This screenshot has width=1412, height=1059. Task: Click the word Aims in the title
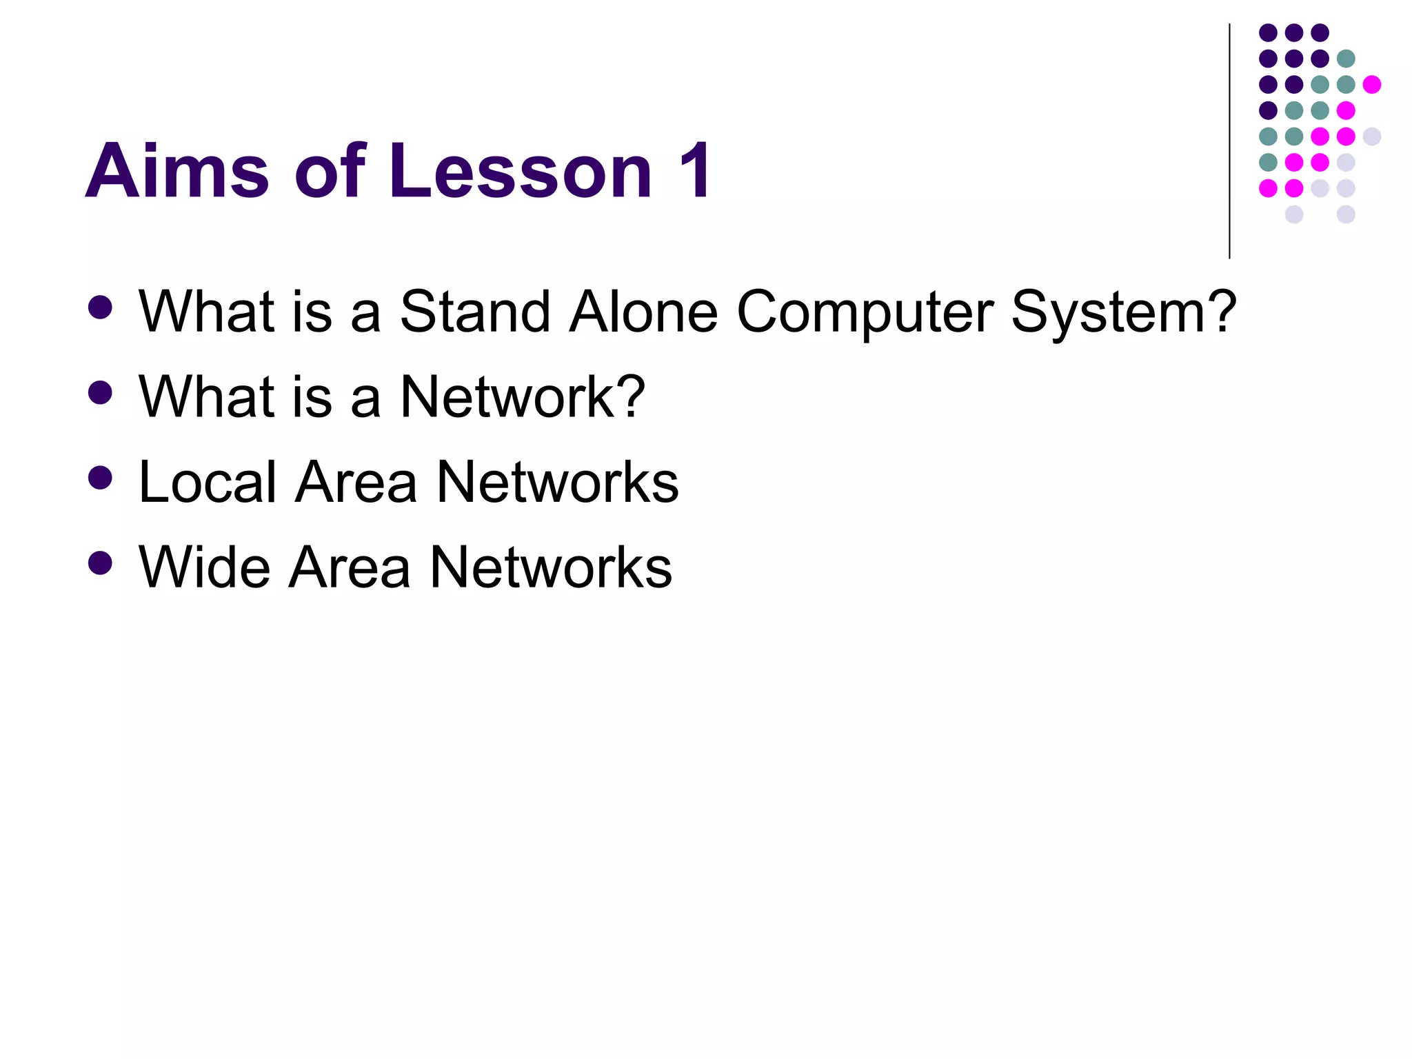(x=177, y=171)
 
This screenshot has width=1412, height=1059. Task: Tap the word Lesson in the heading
(x=521, y=171)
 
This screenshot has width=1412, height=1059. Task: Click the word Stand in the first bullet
(x=475, y=312)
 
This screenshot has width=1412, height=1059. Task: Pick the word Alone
(x=644, y=312)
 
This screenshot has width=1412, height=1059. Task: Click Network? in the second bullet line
(x=523, y=397)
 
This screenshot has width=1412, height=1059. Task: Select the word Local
(x=208, y=482)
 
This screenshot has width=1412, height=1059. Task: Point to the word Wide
(x=204, y=567)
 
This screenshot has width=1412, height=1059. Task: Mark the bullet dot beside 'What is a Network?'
(x=101, y=392)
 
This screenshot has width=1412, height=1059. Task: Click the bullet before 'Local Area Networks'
(x=101, y=477)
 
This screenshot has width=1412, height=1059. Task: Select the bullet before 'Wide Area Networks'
(x=101, y=563)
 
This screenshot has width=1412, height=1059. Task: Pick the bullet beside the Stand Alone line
(x=101, y=307)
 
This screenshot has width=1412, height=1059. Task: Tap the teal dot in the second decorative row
(x=1346, y=59)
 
